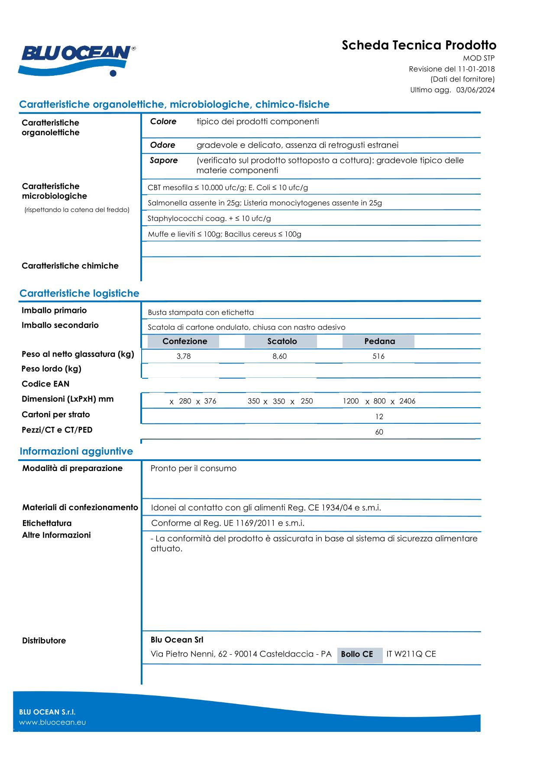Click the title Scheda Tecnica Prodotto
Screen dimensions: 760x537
pyautogui.click(x=419, y=45)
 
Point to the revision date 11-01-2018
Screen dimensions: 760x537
pyautogui.click(x=476, y=69)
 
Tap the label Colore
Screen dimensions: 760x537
pyautogui.click(x=163, y=122)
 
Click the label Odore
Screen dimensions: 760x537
pyautogui.click(x=163, y=145)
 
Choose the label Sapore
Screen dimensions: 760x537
pyautogui.click(x=164, y=160)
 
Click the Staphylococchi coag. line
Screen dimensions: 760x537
pyautogui.click(x=209, y=219)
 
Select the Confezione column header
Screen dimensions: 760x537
pyautogui.click(x=184, y=341)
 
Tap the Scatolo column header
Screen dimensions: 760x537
pyautogui.click(x=282, y=341)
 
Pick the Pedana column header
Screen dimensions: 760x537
pyautogui.click(x=379, y=341)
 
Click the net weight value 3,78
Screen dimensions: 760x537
pyautogui.click(x=184, y=357)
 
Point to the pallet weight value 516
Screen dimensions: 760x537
pyautogui.click(x=378, y=357)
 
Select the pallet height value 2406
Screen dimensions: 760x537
pyautogui.click(x=407, y=401)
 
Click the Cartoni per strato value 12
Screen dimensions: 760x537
pyautogui.click(x=379, y=417)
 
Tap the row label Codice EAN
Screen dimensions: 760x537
pyautogui.click(x=45, y=384)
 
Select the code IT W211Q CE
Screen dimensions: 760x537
pyautogui.click(x=411, y=654)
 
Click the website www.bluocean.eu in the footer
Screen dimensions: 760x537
pyautogui.click(x=52, y=722)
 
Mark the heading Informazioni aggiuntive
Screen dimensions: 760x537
pyautogui.click(x=76, y=451)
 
